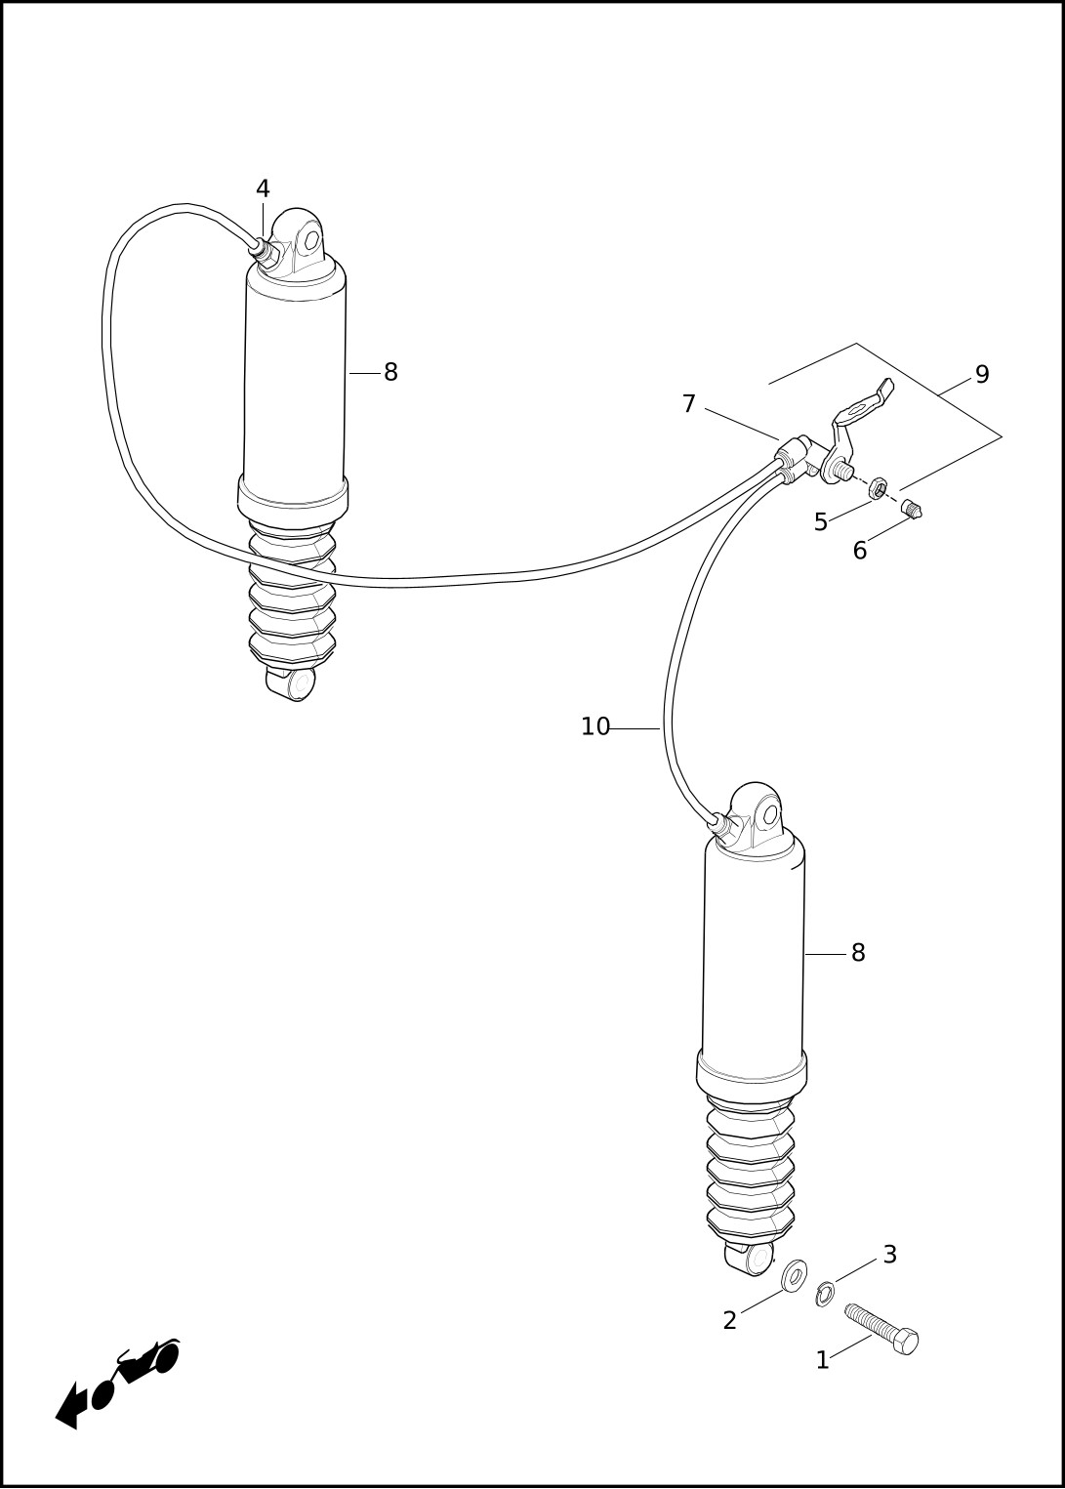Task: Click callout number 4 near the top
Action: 264,188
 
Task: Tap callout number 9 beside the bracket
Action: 983,375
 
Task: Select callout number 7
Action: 689,404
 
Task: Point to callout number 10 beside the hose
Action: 595,727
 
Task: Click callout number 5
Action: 821,522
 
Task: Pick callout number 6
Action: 860,551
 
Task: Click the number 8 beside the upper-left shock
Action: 390,373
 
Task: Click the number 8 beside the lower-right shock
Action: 858,953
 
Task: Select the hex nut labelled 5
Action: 878,488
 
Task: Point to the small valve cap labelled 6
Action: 914,510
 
